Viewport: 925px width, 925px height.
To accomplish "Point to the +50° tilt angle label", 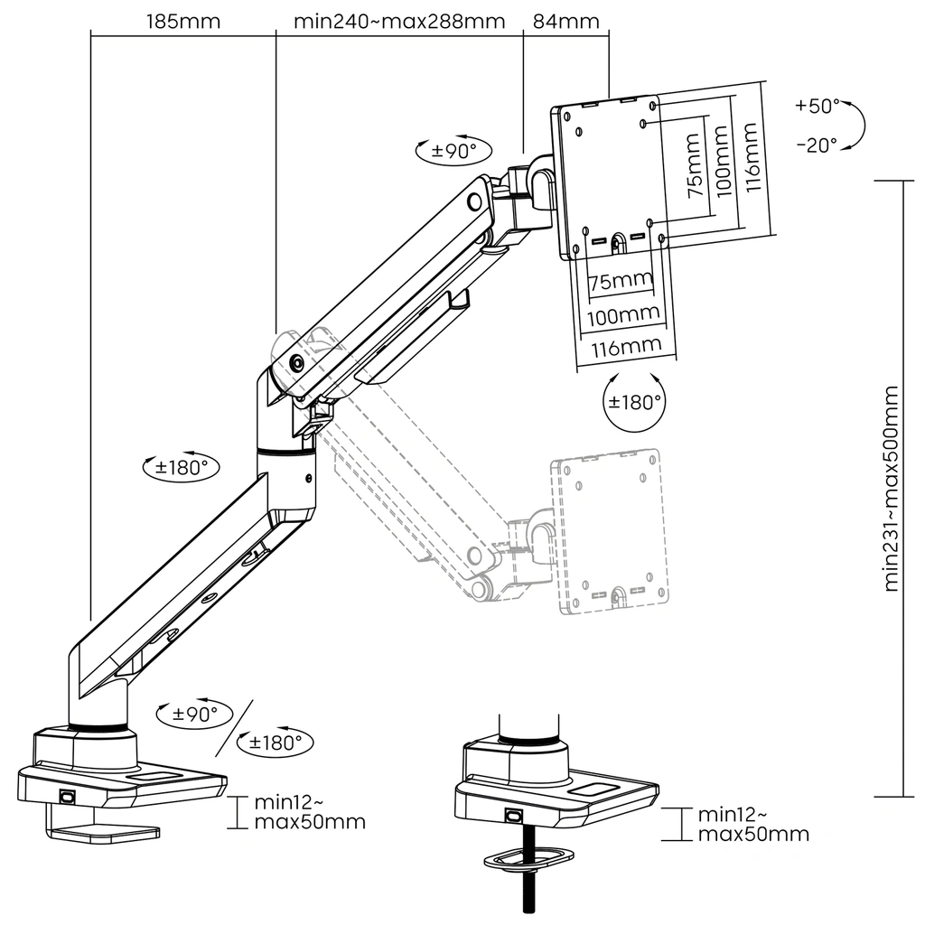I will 817,106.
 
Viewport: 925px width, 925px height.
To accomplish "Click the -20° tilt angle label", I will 817,145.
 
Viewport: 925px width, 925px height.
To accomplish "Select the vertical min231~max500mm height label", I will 892,488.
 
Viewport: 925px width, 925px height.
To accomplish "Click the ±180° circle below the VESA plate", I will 637,402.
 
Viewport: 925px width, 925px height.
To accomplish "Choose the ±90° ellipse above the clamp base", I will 193,714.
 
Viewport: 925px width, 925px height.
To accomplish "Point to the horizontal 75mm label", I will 620,282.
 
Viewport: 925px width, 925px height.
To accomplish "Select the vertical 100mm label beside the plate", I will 721,163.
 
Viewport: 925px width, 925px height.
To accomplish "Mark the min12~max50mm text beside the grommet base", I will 753,824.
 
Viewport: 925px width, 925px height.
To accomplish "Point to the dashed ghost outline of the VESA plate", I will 612,533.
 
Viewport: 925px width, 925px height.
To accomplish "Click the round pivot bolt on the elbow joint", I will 296,364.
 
